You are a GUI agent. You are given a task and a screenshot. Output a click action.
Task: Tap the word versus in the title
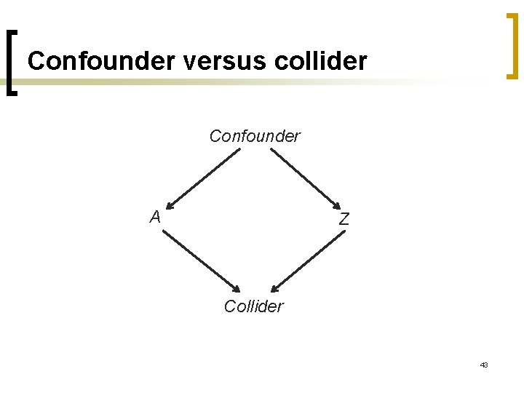pyautogui.click(x=226, y=61)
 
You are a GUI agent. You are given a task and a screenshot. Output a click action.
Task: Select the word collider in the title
pyautogui.click(x=322, y=61)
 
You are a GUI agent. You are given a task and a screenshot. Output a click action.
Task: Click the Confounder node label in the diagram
pyautogui.click(x=255, y=136)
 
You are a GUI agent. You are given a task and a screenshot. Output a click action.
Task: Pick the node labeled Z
pyautogui.click(x=344, y=219)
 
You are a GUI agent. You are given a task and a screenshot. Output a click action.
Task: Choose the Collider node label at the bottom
pyautogui.click(x=254, y=306)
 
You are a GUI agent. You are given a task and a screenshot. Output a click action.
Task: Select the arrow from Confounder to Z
pyautogui.click(x=305, y=178)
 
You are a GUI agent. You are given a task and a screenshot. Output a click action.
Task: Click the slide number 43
pyautogui.click(x=483, y=365)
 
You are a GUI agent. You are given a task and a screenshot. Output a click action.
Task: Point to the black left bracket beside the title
pyautogui.click(x=12, y=63)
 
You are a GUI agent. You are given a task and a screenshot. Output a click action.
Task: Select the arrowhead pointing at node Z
pyautogui.click(x=336, y=205)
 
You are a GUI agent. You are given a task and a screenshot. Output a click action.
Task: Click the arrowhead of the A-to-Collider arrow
pyautogui.click(x=237, y=288)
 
